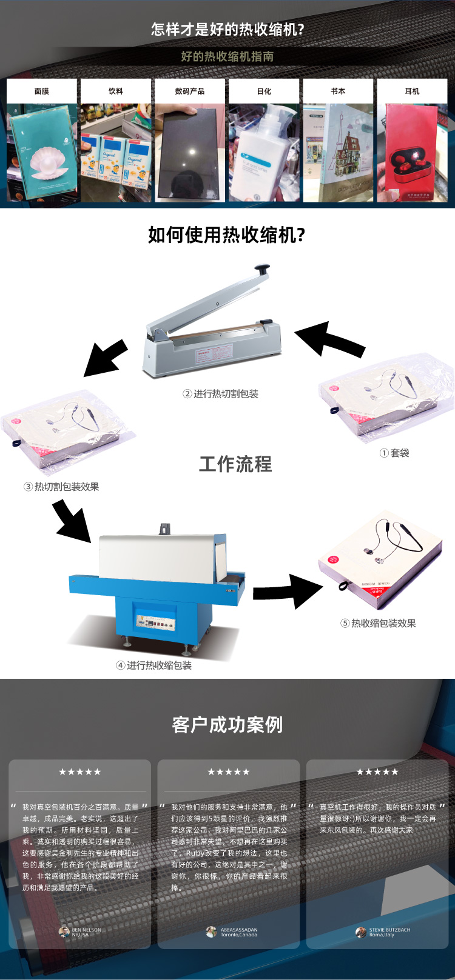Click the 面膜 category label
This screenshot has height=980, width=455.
point(42,91)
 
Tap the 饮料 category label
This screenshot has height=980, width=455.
point(116,91)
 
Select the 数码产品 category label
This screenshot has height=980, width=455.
point(190,91)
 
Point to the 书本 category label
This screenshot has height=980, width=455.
point(338,91)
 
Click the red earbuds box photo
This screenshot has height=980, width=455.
point(412,155)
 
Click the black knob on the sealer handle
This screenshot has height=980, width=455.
point(262,268)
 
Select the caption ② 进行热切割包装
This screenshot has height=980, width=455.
point(221,394)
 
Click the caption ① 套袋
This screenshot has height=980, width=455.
point(394,453)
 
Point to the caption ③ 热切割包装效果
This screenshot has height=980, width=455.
point(61,487)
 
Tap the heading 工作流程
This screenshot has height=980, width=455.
point(235,464)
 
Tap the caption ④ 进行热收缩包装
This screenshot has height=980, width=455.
point(154,665)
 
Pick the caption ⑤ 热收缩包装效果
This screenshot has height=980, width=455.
point(378,623)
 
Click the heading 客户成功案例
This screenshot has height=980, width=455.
point(227,725)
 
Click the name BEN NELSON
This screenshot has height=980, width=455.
point(87,930)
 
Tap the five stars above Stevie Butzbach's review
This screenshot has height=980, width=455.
point(377,772)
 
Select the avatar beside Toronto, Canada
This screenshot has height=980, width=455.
point(211,932)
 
